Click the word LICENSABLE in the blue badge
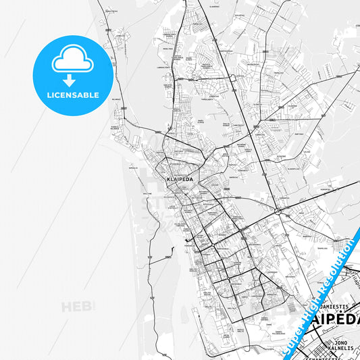72,95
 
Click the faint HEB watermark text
77,307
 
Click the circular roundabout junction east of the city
278,212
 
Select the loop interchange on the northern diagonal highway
232,78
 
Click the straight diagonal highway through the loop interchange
250,128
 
